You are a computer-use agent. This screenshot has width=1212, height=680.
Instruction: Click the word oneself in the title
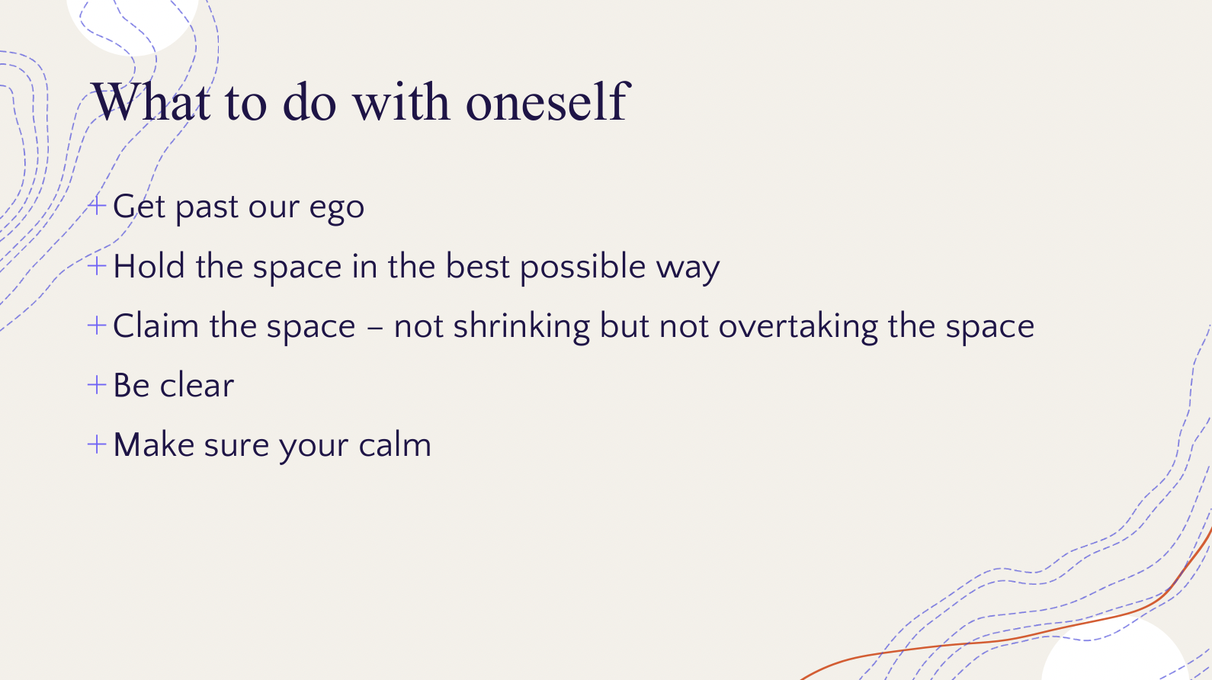pos(547,101)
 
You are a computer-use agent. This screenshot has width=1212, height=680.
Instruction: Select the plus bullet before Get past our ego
pos(96,206)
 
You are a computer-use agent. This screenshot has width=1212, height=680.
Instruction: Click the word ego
pos(337,209)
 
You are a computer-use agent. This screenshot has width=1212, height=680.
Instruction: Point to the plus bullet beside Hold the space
pos(96,265)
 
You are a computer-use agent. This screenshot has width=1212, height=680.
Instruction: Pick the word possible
pos(582,268)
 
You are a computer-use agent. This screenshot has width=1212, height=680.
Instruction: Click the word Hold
pos(149,266)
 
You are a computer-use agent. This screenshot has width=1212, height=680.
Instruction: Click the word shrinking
pos(521,327)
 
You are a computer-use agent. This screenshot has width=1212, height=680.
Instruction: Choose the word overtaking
pos(798,327)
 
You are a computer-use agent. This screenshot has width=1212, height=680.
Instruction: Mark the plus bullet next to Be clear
pos(96,385)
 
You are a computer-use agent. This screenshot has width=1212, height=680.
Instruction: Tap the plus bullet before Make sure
pos(96,444)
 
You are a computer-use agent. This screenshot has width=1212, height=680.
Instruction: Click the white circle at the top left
pos(133,24)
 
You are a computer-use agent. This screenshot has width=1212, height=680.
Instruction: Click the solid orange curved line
pos(1028,637)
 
